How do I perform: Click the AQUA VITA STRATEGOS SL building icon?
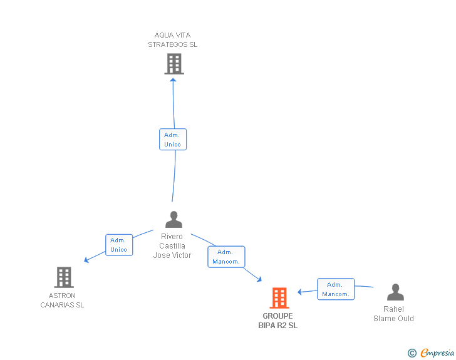pyautogui.click(x=174, y=64)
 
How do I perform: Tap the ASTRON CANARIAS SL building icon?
pyautogui.click(x=64, y=277)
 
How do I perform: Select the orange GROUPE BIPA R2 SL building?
pyautogui.click(x=279, y=298)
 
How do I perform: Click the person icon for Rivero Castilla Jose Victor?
pyautogui.click(x=174, y=220)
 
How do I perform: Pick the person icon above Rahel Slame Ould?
pyautogui.click(x=395, y=292)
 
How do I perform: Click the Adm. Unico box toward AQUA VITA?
pyautogui.click(x=172, y=139)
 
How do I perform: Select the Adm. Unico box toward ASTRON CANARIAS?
pyautogui.click(x=118, y=245)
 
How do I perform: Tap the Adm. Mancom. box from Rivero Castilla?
pyautogui.click(x=226, y=257)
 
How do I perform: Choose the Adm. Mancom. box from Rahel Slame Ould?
pyautogui.click(x=336, y=289)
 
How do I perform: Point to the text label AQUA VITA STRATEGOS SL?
pyautogui.click(x=173, y=40)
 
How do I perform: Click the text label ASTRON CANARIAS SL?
pyautogui.click(x=62, y=301)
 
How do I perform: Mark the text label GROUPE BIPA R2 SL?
pyautogui.click(x=278, y=321)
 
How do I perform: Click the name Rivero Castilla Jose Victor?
pyautogui.click(x=172, y=246)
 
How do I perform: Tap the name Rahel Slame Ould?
pyautogui.click(x=393, y=314)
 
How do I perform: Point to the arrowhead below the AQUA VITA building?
pyautogui.click(x=174, y=80)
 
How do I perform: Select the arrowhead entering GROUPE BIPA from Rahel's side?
pyautogui.click(x=300, y=292)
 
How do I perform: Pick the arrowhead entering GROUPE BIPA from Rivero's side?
pyautogui.click(x=259, y=280)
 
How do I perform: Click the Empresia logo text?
pyautogui.click(x=437, y=353)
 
